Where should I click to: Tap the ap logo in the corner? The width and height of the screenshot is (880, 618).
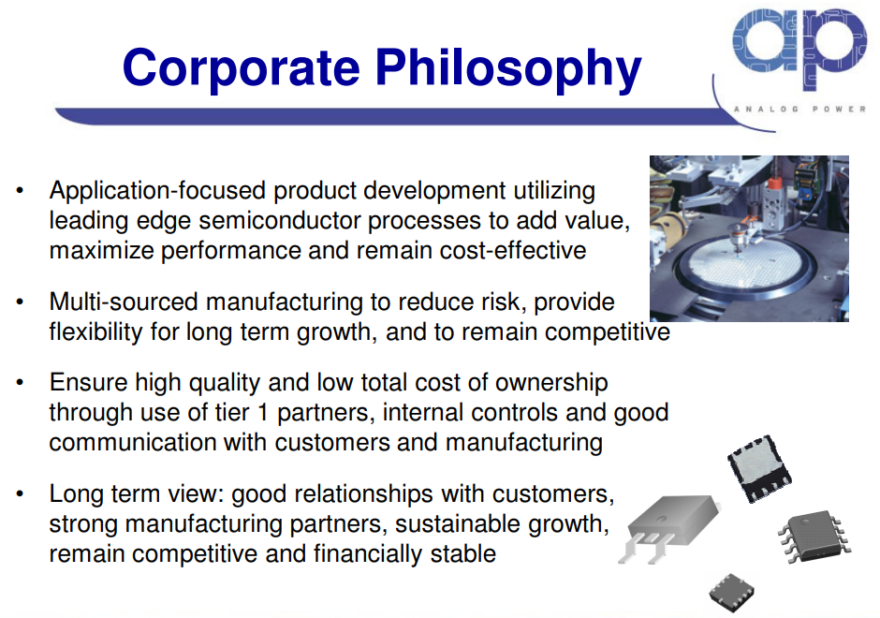point(799,49)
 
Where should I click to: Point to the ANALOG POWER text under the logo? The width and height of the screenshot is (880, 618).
point(799,109)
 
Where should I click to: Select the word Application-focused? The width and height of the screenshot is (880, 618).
point(157,191)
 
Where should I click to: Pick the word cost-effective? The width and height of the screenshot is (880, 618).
point(513,250)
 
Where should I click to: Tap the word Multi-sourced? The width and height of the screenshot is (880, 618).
point(124,302)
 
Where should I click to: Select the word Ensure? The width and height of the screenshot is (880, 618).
point(89,383)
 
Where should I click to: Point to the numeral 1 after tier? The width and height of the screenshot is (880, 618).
point(263,413)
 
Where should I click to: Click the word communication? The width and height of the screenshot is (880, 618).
point(133,442)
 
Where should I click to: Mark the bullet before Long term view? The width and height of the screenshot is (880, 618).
point(21,494)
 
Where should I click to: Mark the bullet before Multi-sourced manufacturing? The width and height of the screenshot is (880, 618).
point(21,302)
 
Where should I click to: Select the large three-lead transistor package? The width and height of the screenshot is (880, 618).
point(667,528)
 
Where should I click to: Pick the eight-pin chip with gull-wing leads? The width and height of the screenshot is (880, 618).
point(814,535)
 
